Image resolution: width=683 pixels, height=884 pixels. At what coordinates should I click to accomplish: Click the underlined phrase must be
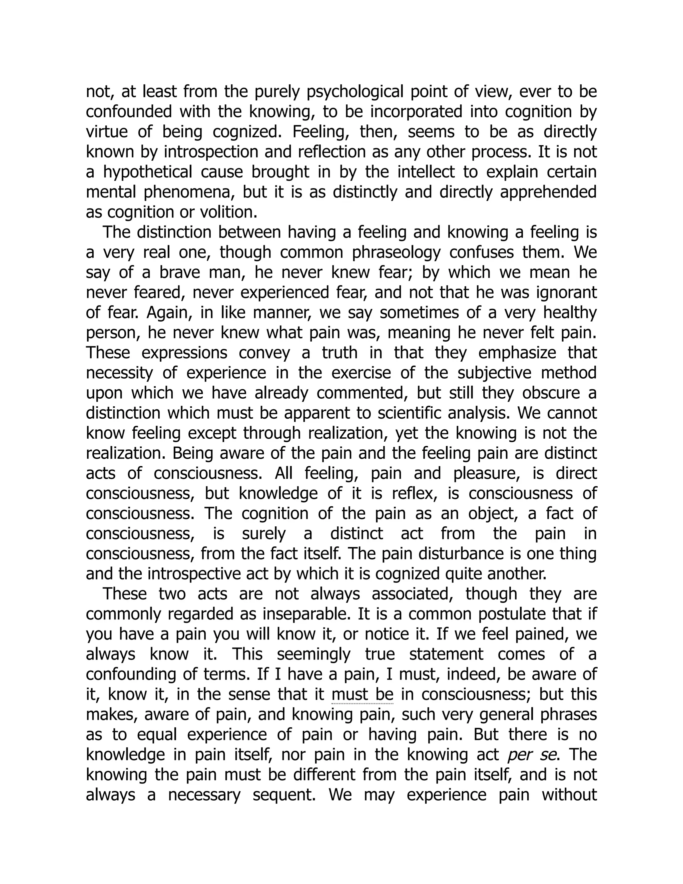pyautogui.click(x=362, y=695)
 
